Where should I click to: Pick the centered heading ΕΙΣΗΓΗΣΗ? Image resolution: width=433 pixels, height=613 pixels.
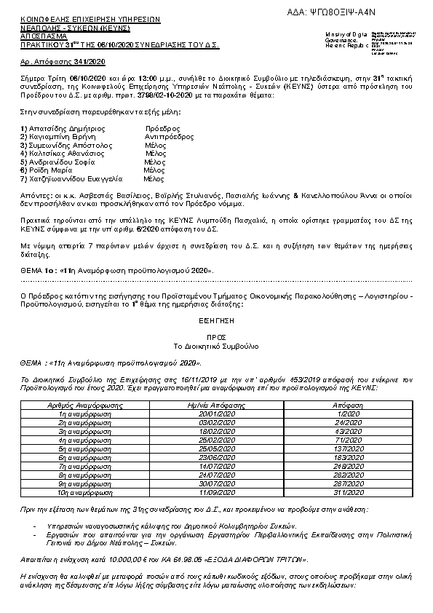point(216,320)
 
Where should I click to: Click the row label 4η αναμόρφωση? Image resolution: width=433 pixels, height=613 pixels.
point(78,440)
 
